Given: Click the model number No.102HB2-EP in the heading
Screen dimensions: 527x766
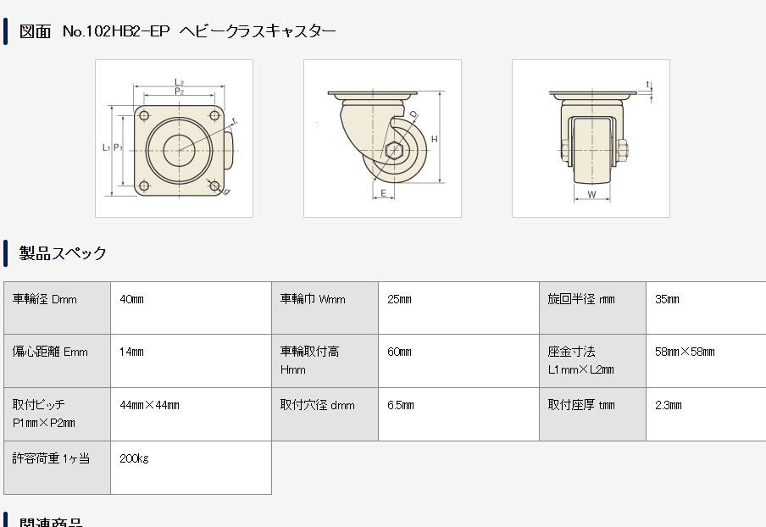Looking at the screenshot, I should click(116, 31).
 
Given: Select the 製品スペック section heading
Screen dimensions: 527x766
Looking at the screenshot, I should click(63, 252).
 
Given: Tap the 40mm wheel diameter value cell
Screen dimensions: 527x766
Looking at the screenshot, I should click(132, 299).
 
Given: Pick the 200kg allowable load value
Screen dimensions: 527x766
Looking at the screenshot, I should click(135, 458).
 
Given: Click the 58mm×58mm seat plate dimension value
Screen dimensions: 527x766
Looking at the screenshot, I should click(685, 352).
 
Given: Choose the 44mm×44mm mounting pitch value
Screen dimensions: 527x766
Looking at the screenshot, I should click(150, 405).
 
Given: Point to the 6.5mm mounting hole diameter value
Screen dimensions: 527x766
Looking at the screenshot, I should click(400, 405).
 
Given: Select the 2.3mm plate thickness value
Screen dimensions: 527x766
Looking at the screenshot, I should click(669, 405).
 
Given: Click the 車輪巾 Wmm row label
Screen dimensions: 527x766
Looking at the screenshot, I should click(313, 299).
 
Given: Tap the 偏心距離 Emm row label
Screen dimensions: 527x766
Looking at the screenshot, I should click(50, 352).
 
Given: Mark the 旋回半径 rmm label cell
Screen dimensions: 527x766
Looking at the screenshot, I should click(581, 299).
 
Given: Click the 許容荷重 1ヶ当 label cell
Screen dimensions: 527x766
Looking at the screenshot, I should click(51, 458).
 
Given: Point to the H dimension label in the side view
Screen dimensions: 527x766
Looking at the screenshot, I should click(434, 138).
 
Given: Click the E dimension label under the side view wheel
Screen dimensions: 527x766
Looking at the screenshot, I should click(384, 193).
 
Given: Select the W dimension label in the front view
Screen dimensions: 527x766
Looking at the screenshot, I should click(591, 194).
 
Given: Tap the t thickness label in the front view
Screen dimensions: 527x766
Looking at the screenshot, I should click(648, 85).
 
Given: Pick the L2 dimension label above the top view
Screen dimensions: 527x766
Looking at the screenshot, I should click(180, 82).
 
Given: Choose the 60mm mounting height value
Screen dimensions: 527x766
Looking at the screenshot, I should click(399, 352).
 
